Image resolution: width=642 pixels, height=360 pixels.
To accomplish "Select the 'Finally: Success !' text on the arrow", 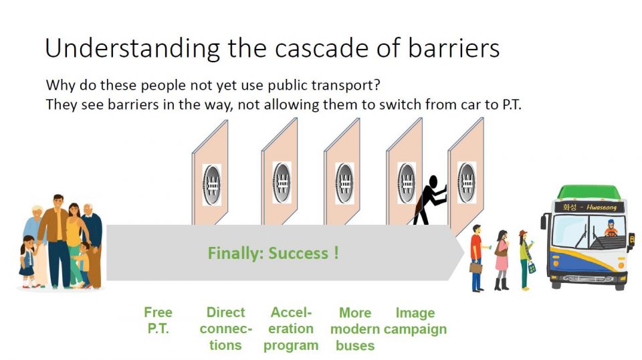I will click(x=273, y=254).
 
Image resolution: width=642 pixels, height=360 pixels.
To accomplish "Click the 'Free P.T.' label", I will click(x=158, y=321).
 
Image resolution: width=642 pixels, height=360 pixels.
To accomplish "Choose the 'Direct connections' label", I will click(x=225, y=329).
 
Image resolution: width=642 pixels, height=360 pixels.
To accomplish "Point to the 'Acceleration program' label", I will click(x=291, y=329).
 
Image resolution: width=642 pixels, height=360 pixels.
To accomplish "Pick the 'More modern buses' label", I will click(x=355, y=329).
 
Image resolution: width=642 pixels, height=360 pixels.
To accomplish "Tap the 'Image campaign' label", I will click(x=415, y=321).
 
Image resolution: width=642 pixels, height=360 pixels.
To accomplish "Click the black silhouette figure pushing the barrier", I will click(x=428, y=199).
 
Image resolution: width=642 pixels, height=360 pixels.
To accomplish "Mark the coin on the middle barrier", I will click(x=344, y=182).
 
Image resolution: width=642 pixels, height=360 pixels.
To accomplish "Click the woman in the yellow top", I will click(x=74, y=238).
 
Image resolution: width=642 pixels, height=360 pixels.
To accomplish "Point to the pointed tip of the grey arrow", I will click(x=464, y=253).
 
